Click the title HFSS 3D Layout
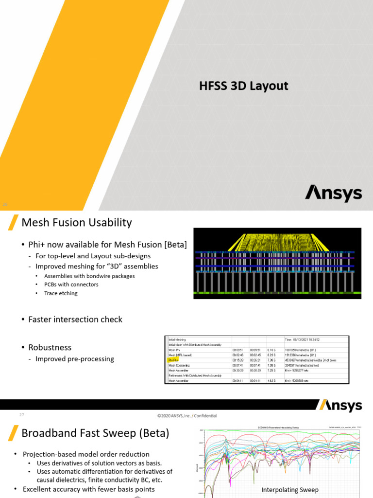pyautogui.click(x=243, y=87)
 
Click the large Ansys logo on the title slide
pyautogui.click(x=333, y=193)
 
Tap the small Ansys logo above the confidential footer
pyautogui.click(x=340, y=406)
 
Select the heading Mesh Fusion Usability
pyautogui.click(x=77, y=223)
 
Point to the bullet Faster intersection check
pyautogui.click(x=75, y=320)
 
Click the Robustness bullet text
pyautogui.click(x=50, y=347)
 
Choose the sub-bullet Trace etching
pyautogui.click(x=61, y=293)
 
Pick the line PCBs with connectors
pyautogui.click(x=71, y=285)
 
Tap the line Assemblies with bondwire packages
pyautogui.click(x=89, y=276)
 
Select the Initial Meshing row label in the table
pyautogui.click(x=177, y=339)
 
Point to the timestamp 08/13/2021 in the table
pyautogui.click(x=308, y=339)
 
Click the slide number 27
pyautogui.click(x=21, y=415)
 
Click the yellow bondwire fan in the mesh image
pyautogui.click(x=277, y=242)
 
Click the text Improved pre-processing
pyautogui.click(x=74, y=359)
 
